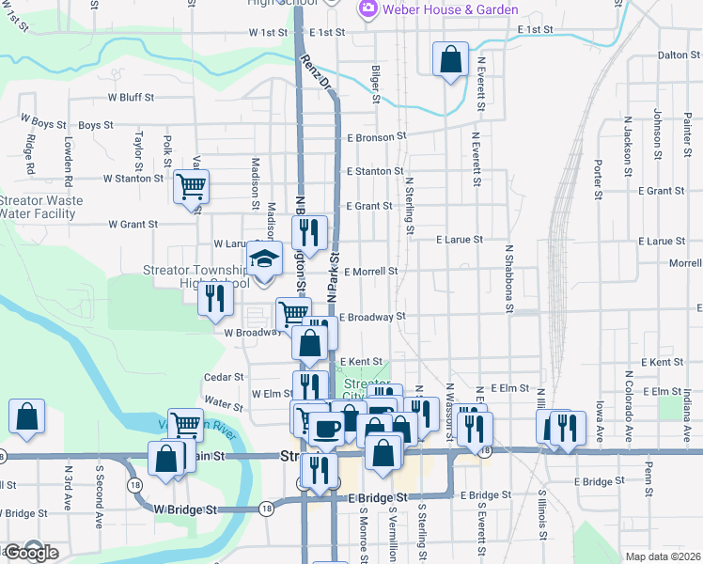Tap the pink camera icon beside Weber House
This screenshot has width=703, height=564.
tap(367, 9)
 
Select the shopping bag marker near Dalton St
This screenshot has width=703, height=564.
tap(451, 59)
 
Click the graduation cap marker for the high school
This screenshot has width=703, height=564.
tap(265, 258)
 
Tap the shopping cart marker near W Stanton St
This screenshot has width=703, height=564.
tap(191, 186)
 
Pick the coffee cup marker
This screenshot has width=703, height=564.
tap(326, 429)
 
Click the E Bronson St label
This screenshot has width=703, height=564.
tap(374, 135)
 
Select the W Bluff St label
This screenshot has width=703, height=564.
tap(131, 97)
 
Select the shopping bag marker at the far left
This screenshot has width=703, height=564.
tap(27, 417)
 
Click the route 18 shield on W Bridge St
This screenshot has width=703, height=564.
tap(268, 509)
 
